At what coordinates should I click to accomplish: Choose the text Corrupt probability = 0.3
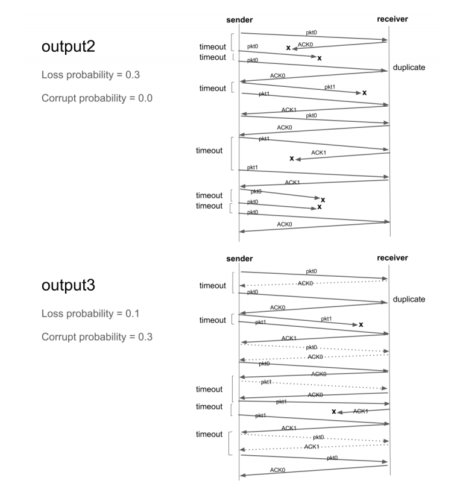pos(96,336)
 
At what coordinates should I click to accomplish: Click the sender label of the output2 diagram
pos(239,19)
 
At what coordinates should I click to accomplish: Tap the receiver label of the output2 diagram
pos(392,19)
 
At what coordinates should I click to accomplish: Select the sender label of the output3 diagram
pos(239,259)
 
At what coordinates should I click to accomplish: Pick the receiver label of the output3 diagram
pos(392,258)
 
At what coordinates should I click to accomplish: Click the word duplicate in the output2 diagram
pos(409,68)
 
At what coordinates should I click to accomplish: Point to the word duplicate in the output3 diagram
pos(409,299)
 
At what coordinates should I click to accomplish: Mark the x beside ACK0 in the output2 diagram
pos(288,47)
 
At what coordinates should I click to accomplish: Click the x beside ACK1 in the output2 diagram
pos(292,159)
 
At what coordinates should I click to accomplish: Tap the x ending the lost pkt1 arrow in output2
pos(364,93)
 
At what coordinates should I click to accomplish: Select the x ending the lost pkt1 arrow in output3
pos(361,324)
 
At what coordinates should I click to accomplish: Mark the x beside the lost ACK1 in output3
pos(333,411)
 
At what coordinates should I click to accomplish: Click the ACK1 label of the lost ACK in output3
pos(361,411)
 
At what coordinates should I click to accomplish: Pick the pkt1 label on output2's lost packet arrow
pos(330,87)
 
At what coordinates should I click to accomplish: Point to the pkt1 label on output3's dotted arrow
pos(267,382)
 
